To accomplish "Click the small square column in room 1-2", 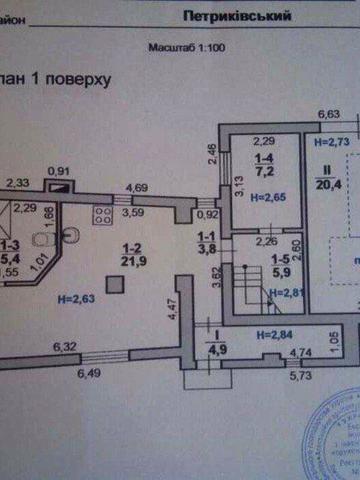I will [x=120, y=287].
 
